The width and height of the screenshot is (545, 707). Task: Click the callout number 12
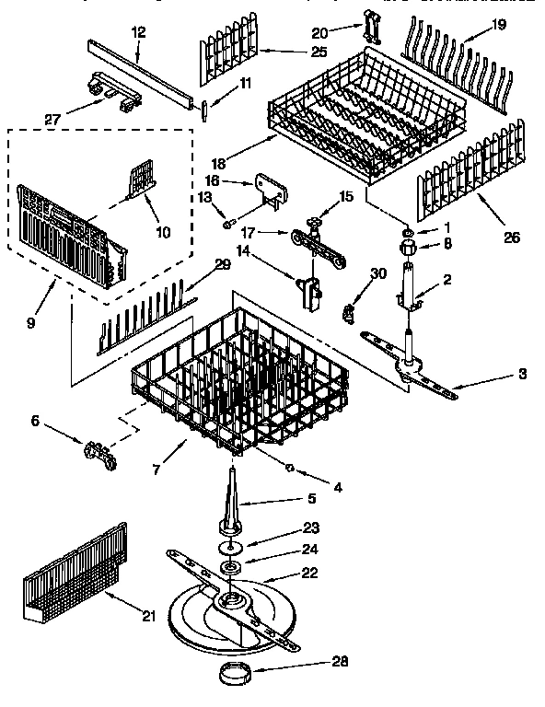point(139,31)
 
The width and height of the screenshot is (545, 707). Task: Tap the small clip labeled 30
point(350,313)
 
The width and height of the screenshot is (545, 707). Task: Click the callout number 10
point(162,233)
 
